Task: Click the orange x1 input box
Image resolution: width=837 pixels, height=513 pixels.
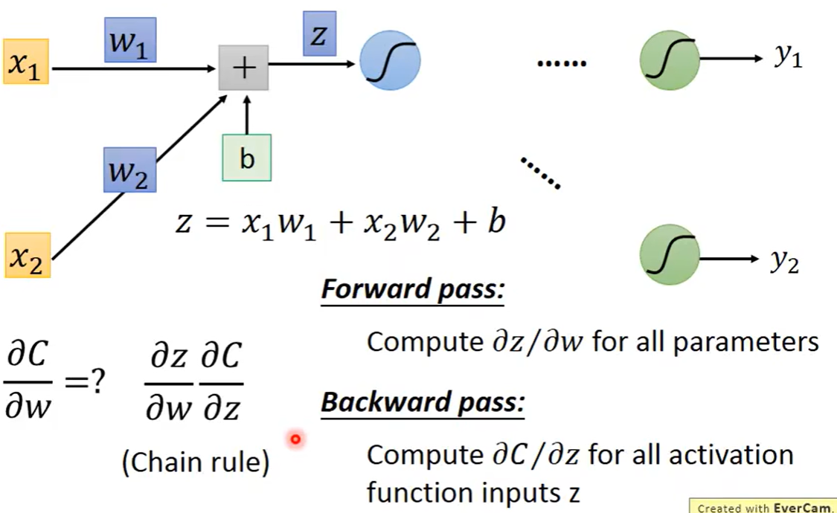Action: [x=25, y=62]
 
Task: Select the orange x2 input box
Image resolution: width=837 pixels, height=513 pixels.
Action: [x=28, y=255]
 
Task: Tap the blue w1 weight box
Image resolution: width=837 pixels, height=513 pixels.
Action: [x=129, y=40]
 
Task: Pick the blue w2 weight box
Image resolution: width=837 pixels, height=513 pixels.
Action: [x=129, y=170]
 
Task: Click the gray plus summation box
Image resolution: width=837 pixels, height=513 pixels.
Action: [x=243, y=68]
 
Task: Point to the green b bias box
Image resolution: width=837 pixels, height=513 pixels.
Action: [x=246, y=158]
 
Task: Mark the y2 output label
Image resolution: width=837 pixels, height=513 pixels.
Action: [x=785, y=262]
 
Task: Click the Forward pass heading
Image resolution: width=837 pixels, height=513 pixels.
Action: [x=413, y=289]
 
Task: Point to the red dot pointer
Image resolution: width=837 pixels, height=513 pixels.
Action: [x=295, y=439]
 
